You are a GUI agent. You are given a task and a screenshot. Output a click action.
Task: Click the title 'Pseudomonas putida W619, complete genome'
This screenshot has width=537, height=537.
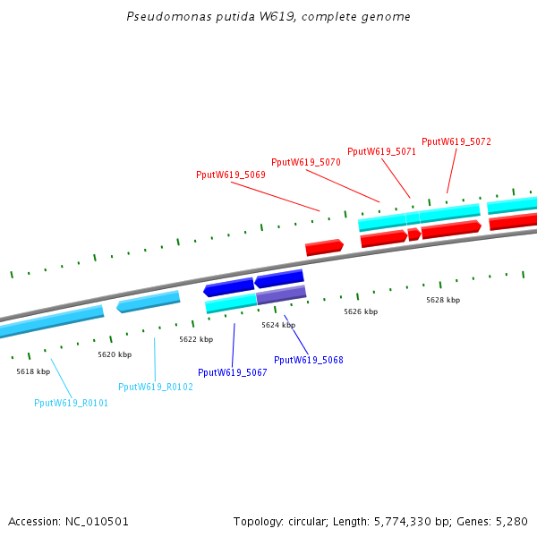268,17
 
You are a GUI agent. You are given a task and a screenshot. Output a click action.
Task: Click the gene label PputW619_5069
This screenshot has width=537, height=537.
230,175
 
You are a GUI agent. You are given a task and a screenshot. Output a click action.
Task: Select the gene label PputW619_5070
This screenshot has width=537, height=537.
306,163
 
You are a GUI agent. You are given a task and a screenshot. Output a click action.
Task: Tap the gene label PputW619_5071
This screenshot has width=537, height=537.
381,152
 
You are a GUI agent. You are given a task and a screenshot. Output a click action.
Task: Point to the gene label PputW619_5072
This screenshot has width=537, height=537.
456,142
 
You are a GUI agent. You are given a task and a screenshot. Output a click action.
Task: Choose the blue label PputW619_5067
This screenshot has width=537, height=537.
233,372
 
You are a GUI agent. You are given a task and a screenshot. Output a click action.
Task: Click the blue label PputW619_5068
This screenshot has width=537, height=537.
308,360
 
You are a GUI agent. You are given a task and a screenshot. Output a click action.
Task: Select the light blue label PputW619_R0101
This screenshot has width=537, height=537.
71,403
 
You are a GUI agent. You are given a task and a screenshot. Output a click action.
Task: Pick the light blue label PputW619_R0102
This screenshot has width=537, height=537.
156,387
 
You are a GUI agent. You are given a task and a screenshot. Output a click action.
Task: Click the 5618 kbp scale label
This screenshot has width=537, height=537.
33,371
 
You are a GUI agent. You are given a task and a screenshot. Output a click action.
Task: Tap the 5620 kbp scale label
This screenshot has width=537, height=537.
115,355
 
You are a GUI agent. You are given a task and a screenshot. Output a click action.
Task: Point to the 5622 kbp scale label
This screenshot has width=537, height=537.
196,340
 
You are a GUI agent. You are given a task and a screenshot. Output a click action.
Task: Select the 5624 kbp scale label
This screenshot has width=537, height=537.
278,326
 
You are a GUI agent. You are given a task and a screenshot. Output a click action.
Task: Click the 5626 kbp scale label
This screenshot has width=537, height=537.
361,312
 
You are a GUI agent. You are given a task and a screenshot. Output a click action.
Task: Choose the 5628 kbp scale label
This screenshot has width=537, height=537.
443,301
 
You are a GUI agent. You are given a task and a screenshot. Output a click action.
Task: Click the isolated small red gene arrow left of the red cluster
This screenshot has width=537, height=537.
324,247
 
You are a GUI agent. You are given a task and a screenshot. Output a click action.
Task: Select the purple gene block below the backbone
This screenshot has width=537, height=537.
281,294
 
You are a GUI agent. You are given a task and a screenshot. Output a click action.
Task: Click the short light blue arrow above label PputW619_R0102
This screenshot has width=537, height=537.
149,302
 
